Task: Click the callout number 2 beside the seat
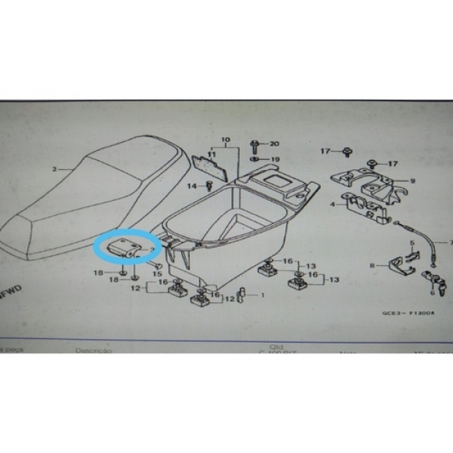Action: pos(54,170)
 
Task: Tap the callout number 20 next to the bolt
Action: pos(274,143)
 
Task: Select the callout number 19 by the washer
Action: pos(275,159)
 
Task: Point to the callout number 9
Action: pos(413,181)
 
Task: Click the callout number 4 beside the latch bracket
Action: pos(333,204)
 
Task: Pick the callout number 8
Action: pos(372,266)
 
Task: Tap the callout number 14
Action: pos(190,185)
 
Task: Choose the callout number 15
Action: pos(158,273)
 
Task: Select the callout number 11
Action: pos(212,155)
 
